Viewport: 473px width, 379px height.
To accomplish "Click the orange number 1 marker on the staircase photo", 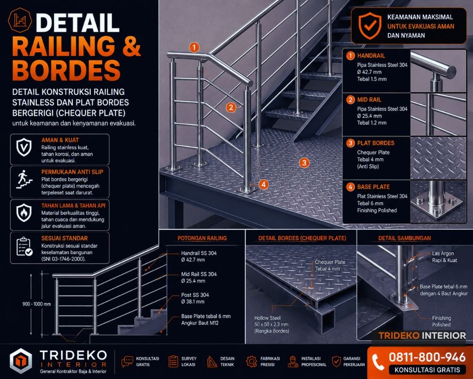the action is point(194,47).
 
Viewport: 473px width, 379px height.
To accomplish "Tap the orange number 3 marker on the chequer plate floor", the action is point(304,162).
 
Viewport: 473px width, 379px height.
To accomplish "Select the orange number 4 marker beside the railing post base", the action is point(263,184).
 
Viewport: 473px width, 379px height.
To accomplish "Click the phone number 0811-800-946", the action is point(427,357).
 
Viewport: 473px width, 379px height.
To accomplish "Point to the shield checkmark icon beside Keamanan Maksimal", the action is point(369,26).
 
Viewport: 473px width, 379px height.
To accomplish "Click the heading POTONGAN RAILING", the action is point(202,238).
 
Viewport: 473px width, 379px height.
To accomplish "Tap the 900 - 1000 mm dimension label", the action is point(36,304).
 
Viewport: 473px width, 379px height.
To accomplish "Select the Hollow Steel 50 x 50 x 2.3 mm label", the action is point(271,325).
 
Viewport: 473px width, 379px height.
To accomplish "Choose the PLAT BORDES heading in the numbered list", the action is point(376,143).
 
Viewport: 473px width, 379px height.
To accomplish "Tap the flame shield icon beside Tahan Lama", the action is point(24,213).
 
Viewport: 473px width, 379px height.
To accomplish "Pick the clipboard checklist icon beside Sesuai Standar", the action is point(24,247).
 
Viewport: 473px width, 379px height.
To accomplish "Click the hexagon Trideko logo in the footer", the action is point(20,361).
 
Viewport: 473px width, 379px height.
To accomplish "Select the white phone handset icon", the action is point(377,362).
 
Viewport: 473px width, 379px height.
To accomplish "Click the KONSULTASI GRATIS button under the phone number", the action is point(427,370).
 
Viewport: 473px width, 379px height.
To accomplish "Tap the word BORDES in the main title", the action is point(66,70).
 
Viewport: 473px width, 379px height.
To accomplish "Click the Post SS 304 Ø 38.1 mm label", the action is point(195,298).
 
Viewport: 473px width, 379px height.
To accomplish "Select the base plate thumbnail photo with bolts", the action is point(438,201).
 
